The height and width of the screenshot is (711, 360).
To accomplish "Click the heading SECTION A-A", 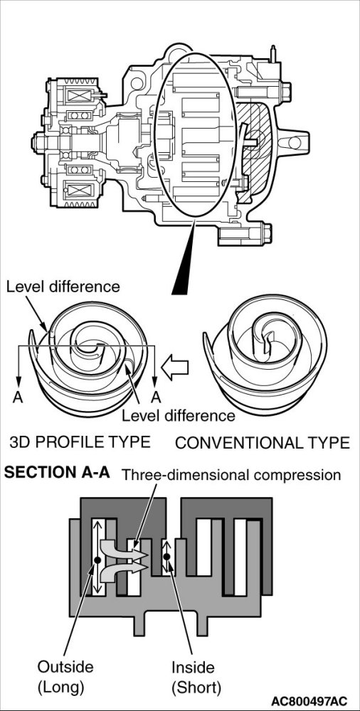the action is point(57,473).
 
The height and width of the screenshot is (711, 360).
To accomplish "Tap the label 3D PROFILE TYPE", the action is point(80,442).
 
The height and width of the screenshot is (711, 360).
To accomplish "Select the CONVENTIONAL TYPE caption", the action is point(263,442).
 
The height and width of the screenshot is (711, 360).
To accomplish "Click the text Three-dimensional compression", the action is point(231,475).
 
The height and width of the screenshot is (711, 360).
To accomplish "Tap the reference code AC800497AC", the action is point(310,700).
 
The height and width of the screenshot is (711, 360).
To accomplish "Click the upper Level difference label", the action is point(63,287).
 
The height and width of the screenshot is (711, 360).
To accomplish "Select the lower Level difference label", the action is point(179,415).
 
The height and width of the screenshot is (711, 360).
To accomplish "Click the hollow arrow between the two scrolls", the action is point(175,368).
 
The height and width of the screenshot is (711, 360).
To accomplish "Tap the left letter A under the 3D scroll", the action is point(18,397).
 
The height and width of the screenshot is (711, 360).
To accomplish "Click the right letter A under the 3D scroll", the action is point(157,397).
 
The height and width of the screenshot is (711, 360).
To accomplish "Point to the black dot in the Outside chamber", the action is point(97,560).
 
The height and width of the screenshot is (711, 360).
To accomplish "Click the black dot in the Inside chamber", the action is point(166,557).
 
